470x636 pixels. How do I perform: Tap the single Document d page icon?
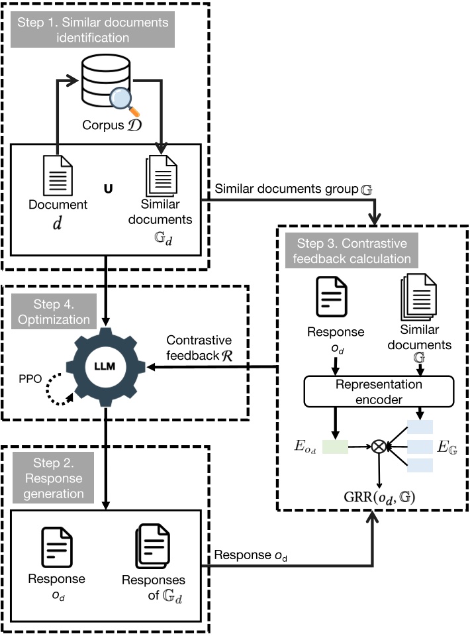click(x=57, y=177)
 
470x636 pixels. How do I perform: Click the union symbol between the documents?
click(x=107, y=188)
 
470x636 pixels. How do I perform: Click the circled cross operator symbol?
click(x=379, y=447)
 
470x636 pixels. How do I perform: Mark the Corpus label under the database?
click(x=113, y=125)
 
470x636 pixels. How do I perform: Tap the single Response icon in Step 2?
click(x=57, y=547)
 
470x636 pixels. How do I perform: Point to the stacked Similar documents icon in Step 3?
click(x=420, y=301)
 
